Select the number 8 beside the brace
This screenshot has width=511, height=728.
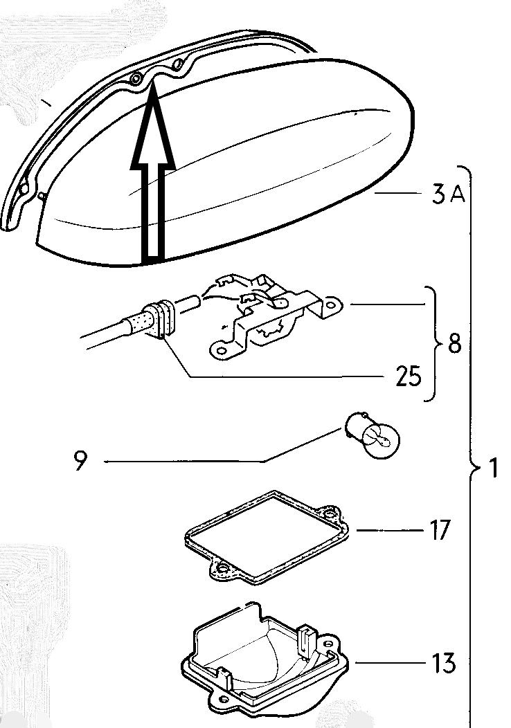454,344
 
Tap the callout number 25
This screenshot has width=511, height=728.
408,377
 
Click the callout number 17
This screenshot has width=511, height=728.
439,531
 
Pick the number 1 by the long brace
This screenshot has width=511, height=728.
493,470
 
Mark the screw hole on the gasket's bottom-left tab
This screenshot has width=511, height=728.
222,569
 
